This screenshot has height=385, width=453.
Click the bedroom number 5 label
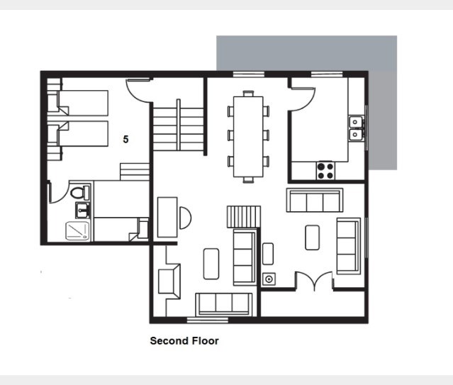125,139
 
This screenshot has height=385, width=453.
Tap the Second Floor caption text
184,341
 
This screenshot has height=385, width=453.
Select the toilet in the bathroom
80,193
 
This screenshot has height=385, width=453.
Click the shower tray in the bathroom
77,231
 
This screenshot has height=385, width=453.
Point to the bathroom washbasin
83,210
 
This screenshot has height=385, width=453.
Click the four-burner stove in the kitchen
325,171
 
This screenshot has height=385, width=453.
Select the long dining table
248,136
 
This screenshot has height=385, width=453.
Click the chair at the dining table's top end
248,94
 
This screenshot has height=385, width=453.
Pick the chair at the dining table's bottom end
248,180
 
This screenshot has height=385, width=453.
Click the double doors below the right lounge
314,280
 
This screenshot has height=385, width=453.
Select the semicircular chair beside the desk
185,218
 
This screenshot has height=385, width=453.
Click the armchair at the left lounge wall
169,281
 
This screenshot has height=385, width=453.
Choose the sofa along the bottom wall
224,304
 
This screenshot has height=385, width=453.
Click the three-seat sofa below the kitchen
315,200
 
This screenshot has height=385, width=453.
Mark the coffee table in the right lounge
313,238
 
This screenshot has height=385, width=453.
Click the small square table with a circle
269,279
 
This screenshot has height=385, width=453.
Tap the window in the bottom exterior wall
208,320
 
